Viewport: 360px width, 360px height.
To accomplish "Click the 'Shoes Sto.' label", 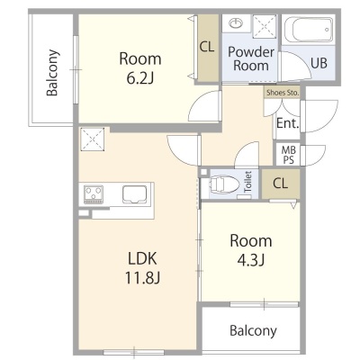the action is point(283,93).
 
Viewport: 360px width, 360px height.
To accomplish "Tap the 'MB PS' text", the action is point(288,155).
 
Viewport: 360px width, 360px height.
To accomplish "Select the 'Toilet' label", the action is point(247,182).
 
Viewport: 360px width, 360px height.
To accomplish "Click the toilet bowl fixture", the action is point(225,184).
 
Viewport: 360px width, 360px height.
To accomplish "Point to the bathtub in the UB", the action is point(308,31).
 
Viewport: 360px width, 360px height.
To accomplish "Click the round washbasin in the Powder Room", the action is point(237,22).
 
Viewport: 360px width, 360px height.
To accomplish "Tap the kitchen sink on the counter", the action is point(134,194).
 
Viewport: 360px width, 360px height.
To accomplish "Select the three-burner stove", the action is point(94,194).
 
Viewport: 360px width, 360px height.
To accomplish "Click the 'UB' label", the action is point(319,63).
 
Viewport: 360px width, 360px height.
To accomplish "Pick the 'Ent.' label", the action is point(288,123).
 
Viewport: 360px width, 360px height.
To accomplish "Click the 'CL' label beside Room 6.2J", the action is point(207,47).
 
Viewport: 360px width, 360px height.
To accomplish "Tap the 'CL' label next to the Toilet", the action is point(280,183).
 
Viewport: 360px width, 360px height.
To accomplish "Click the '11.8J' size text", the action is point(142,278).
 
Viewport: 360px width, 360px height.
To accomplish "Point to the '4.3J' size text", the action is point(251,260).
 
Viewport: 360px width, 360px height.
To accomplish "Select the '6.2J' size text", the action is point(140,78).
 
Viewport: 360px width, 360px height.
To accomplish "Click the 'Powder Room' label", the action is point(251,58).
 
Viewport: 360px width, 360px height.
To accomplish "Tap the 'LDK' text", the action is point(142,258).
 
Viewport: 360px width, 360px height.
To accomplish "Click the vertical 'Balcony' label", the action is point(52,73).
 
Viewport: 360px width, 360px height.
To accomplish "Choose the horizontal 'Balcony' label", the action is point(253,330).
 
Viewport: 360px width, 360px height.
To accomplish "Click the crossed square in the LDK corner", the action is point(92,139).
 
